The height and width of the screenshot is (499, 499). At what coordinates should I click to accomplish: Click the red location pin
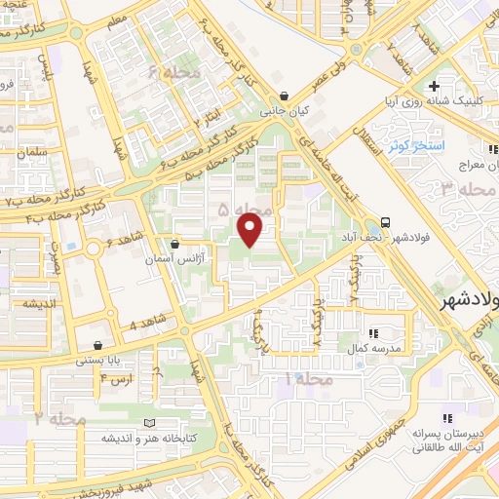[250, 231]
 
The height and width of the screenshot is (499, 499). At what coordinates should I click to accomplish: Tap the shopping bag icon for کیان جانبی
[284, 96]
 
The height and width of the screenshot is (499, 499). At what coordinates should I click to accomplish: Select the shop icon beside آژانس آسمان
[174, 244]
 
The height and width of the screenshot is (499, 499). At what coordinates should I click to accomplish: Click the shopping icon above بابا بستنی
[98, 345]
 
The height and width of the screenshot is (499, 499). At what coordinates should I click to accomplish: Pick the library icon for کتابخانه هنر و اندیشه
[148, 423]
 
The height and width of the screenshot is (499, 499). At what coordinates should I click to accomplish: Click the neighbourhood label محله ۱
[313, 376]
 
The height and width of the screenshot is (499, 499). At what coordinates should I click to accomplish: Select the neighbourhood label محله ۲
[61, 418]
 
